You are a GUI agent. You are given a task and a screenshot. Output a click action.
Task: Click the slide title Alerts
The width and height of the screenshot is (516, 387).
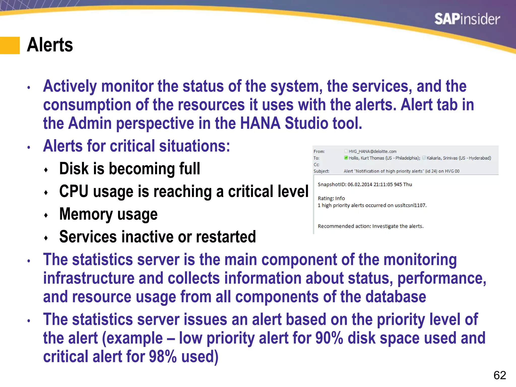coord(50,45)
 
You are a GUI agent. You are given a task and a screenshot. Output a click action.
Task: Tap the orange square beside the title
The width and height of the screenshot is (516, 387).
coord(10,45)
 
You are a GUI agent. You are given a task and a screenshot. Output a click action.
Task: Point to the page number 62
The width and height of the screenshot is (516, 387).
coord(500,375)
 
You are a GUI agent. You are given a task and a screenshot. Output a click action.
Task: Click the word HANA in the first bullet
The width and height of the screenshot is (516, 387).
coord(260,123)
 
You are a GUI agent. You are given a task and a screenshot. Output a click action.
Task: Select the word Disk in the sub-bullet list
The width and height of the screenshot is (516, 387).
coord(74,169)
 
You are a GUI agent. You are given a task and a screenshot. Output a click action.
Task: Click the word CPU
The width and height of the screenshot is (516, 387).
coord(74,191)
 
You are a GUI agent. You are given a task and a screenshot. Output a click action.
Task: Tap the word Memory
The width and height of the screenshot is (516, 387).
coord(86,214)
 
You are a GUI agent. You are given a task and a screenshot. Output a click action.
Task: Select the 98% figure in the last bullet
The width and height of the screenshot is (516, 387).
coord(163,357)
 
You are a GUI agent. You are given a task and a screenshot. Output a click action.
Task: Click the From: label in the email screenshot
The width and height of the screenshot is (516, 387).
coord(319,151)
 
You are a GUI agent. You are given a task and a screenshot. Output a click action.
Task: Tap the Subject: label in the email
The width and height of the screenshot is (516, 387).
coord(321,171)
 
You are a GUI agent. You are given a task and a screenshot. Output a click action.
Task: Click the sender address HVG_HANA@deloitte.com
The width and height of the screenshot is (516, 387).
coord(372,151)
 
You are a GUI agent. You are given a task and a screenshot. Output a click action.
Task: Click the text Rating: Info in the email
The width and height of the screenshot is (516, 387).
coord(331,198)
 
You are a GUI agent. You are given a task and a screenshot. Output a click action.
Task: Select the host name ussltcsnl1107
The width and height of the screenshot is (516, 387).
coord(410,205)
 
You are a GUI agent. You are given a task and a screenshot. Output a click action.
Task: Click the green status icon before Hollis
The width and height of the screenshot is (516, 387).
coord(346,158)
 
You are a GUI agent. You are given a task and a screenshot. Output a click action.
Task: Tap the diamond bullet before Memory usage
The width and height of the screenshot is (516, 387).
coord(46,215)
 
